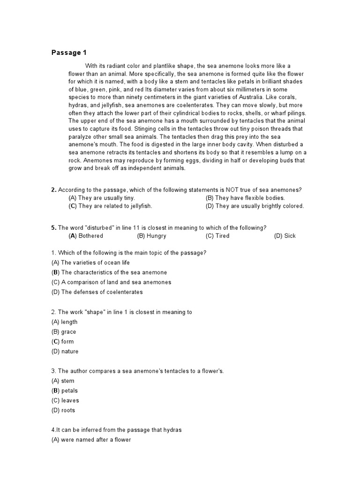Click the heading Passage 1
[x=69, y=52]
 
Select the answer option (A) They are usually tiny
[x=102, y=198]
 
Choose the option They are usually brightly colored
[x=255, y=206]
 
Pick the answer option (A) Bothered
[x=86, y=236]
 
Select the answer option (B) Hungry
[x=151, y=236]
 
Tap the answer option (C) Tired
[x=217, y=236]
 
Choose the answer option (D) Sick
[x=285, y=236]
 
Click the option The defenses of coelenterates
[x=97, y=292]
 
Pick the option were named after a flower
[x=90, y=440]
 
